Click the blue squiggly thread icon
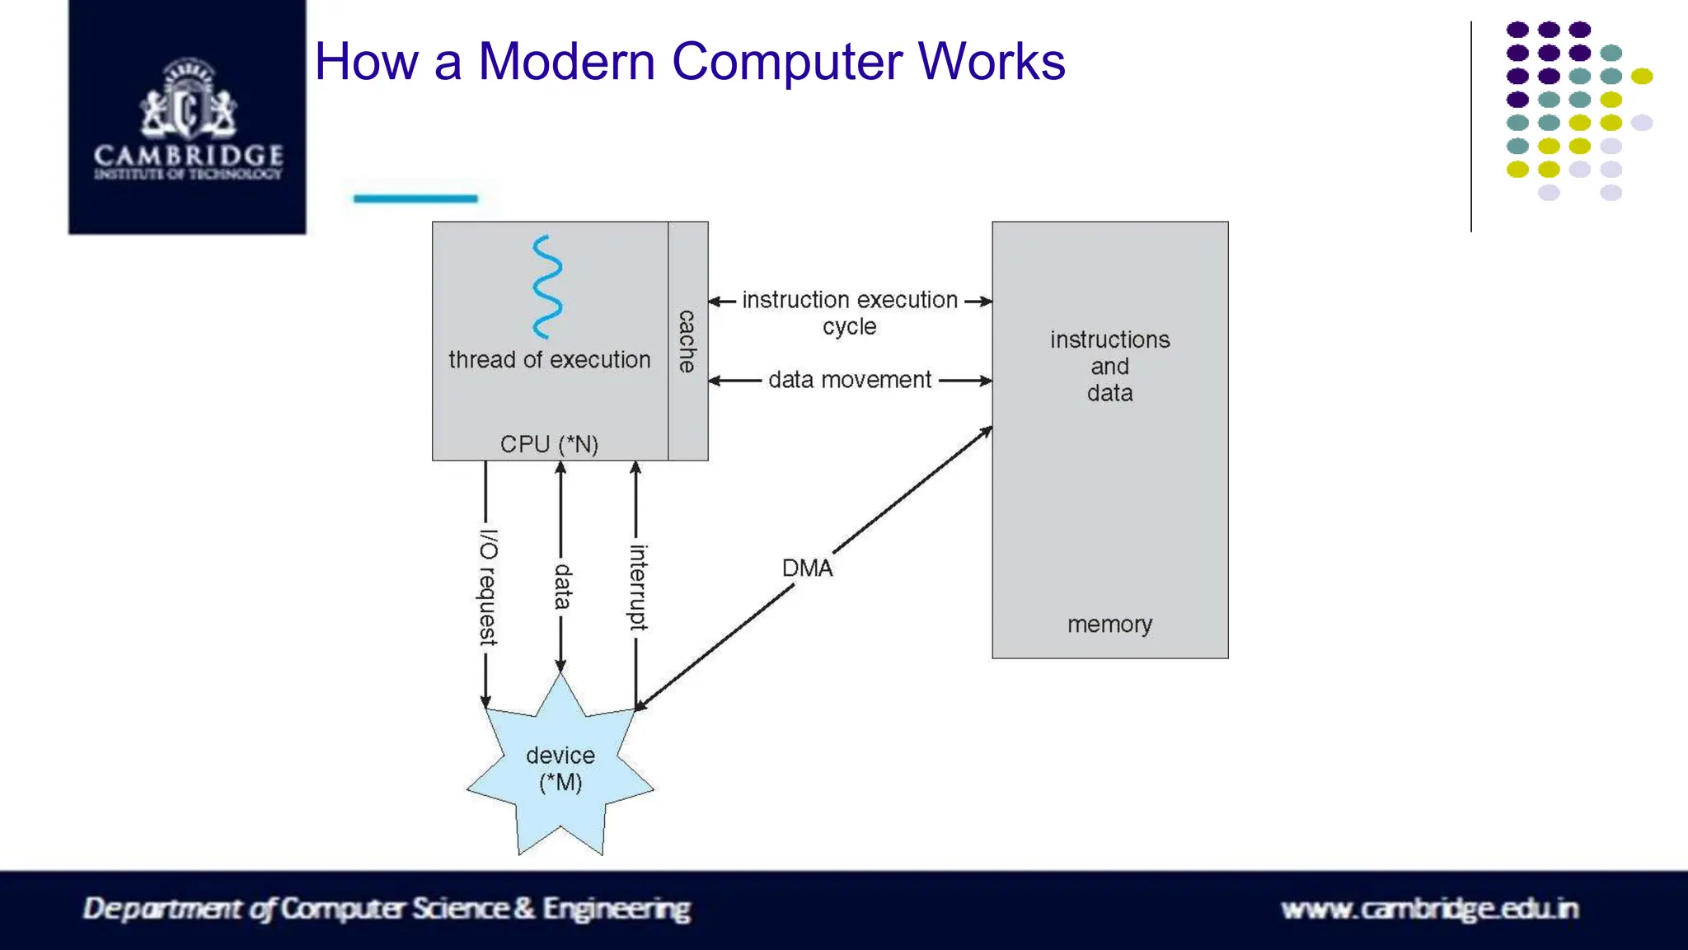coord(547,287)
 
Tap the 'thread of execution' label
coord(550,360)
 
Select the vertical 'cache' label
coord(687,341)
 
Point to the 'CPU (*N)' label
coord(549,444)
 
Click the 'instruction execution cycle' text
coord(850,313)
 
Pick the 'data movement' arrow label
coord(850,380)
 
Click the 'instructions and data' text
coord(1110,366)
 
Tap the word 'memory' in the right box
coord(1109,625)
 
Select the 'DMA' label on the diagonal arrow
coord(807,568)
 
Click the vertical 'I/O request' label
coord(488,587)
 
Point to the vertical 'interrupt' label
coord(638,587)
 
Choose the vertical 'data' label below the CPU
coord(562,587)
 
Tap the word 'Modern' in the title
coord(567,61)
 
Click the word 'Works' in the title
coord(992,61)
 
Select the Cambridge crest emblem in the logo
coord(189,98)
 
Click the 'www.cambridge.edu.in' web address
coord(1430,909)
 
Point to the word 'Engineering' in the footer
coord(617,909)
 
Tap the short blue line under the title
coord(415,199)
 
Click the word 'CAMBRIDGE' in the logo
coord(189,155)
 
